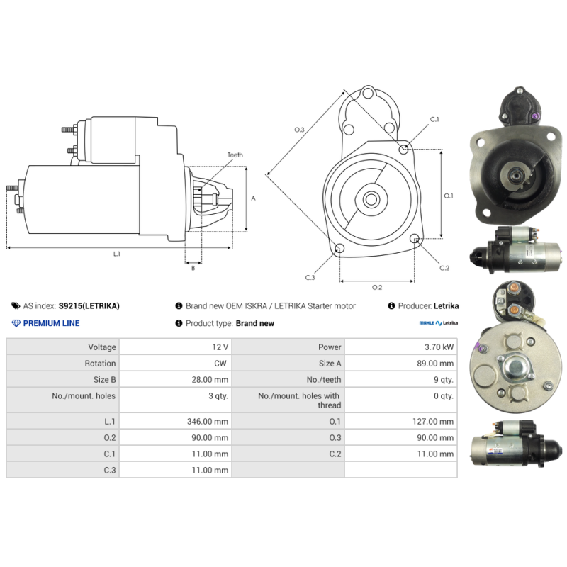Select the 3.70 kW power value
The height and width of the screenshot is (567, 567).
(x=439, y=347)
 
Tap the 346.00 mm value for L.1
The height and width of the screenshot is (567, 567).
(x=208, y=421)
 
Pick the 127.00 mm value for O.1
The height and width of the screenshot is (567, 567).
(x=433, y=421)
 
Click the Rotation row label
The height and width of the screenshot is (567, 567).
(x=100, y=364)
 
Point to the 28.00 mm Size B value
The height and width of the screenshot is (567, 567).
(x=210, y=380)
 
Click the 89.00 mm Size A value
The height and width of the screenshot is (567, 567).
(x=435, y=364)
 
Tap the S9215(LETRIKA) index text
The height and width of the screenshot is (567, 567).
(x=89, y=306)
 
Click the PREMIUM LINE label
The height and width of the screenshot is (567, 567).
(x=51, y=323)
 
